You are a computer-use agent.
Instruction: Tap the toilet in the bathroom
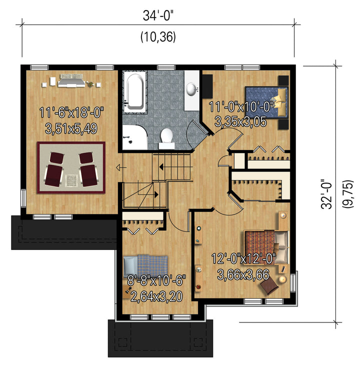coord(166,138)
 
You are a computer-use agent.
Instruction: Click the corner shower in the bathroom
coord(134,137)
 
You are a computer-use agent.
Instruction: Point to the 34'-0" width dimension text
coord(158,16)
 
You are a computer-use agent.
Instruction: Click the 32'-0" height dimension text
coord(326,194)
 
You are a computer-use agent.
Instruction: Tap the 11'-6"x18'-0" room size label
coord(71,112)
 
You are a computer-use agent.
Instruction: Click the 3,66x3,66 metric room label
coord(243,275)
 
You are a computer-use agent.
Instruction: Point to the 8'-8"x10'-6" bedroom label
coord(156,280)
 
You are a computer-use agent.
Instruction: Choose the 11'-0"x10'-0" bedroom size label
coord(241,106)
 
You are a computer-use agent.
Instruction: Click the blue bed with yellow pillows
coord(266,102)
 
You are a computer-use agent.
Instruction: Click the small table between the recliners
coord(71,180)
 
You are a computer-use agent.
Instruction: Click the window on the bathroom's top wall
coord(166,67)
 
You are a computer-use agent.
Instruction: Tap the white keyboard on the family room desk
coord(71,76)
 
